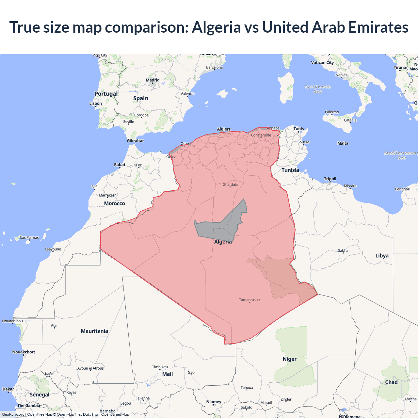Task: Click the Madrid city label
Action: point(153,80)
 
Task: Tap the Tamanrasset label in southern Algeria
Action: point(249,300)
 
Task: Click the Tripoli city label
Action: point(330,179)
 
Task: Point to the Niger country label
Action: point(289,359)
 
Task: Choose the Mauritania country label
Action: point(94,331)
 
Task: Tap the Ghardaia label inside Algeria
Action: point(230,185)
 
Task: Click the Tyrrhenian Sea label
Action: point(318,89)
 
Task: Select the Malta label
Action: point(343,143)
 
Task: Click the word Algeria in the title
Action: point(216,27)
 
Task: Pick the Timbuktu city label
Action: point(160,367)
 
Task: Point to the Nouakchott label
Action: point(24,352)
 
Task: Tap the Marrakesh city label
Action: point(107,195)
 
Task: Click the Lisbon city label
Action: point(95,104)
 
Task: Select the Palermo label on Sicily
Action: point(332,112)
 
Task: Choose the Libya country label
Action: point(382,256)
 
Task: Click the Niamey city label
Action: point(214,402)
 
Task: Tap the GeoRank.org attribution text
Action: point(13,414)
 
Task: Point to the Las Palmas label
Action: point(29,237)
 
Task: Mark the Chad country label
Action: point(391,382)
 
